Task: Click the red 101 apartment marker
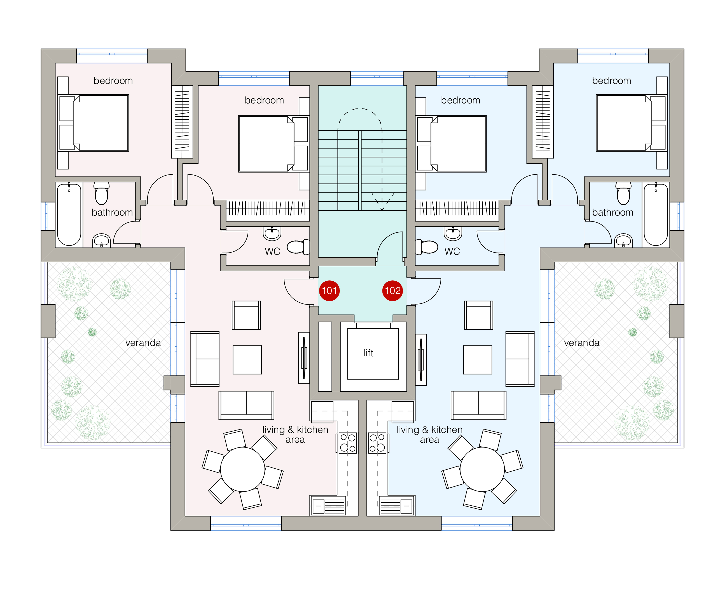329,291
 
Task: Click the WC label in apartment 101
272,251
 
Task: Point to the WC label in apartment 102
452,251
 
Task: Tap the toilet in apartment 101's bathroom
102,193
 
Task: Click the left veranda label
143,343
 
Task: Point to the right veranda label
582,343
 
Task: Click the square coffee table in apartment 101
247,360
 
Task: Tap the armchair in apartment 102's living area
478,315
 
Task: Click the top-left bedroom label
113,81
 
